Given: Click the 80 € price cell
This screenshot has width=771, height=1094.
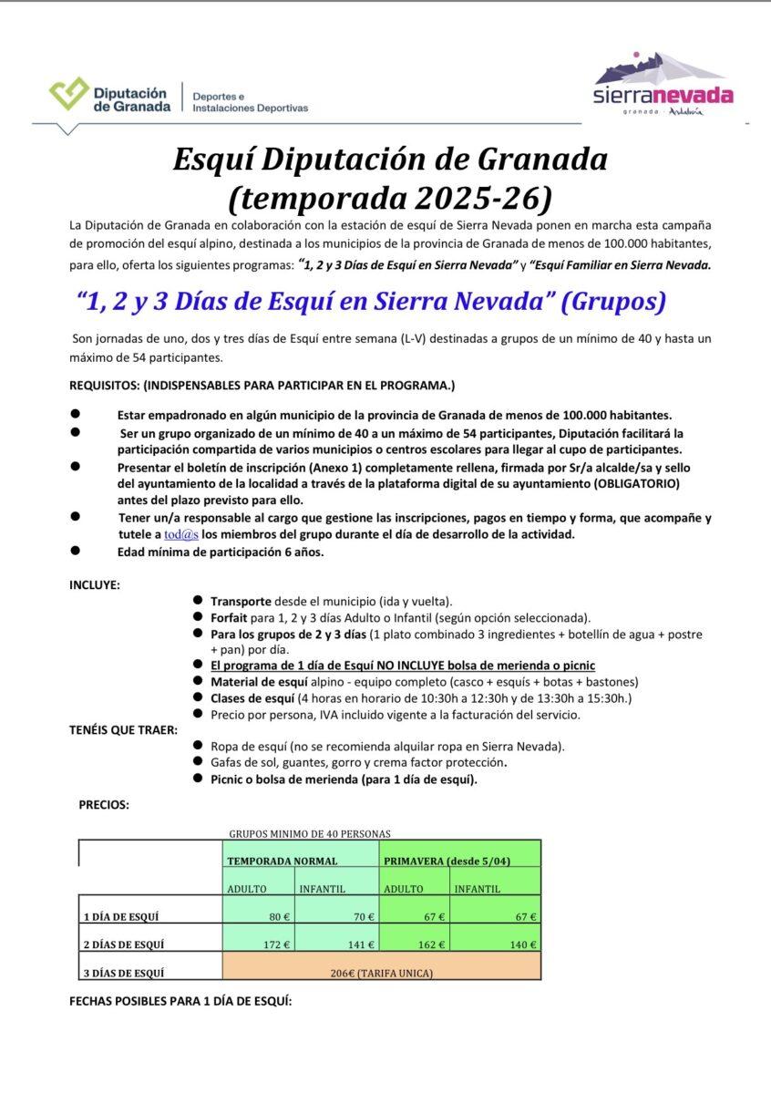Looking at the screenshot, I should [x=261, y=917].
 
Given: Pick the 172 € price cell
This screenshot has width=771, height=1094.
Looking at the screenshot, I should [x=261, y=944].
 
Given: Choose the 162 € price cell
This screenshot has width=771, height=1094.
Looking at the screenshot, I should [x=415, y=944].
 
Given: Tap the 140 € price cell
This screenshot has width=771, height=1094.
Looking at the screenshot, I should [x=496, y=944].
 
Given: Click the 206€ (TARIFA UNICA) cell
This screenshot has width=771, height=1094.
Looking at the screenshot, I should [x=382, y=973].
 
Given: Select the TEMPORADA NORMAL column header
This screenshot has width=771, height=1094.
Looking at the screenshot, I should [x=283, y=861].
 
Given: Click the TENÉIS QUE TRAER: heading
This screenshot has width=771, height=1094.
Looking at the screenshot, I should [x=123, y=730].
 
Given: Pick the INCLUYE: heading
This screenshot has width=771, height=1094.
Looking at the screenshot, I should [x=95, y=584].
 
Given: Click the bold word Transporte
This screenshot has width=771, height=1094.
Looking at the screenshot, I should [x=241, y=602].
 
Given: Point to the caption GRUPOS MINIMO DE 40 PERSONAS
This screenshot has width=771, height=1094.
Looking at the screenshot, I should [x=310, y=833].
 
